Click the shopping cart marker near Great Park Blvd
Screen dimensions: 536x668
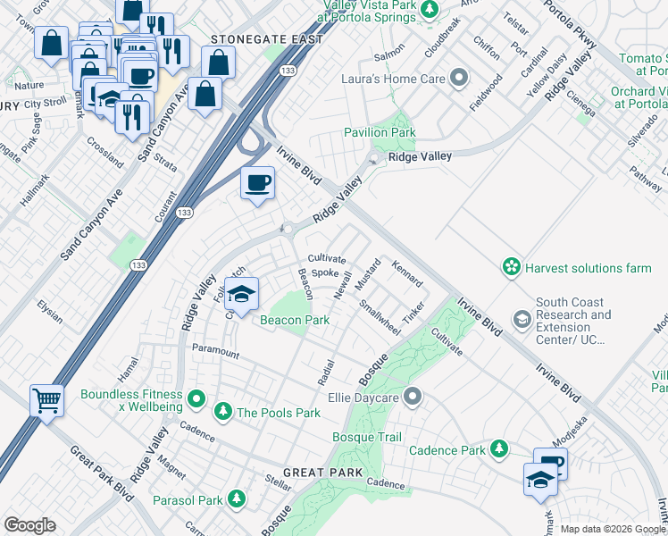(46, 399)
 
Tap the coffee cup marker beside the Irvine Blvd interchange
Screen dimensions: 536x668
(257, 183)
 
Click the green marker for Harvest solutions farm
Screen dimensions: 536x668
(511, 267)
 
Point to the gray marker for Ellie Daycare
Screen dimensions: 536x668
(412, 395)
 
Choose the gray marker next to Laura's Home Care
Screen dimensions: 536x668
(459, 79)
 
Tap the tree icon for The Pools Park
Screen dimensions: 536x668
(222, 412)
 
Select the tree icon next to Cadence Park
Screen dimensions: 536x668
(499, 449)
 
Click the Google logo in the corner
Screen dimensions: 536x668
(29, 524)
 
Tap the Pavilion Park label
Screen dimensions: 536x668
(380, 133)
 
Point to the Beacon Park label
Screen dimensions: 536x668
(295, 320)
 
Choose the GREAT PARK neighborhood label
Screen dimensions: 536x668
(322, 472)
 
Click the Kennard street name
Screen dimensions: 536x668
(407, 272)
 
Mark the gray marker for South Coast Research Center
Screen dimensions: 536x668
(522, 318)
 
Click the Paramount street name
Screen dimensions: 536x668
(215, 353)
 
